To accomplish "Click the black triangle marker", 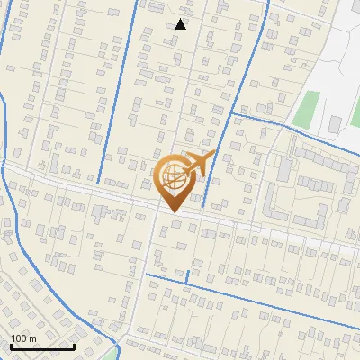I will point(180,24).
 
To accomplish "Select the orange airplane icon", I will point(198,165).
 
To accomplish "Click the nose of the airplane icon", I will point(213,155).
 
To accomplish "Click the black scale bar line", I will point(42,346).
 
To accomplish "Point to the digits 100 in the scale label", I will point(19,338).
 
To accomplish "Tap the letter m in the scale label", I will point(31,338).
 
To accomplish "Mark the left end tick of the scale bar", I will point(12,346).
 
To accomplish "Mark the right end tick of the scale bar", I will point(74,346).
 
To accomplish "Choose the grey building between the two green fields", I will point(335,121).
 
